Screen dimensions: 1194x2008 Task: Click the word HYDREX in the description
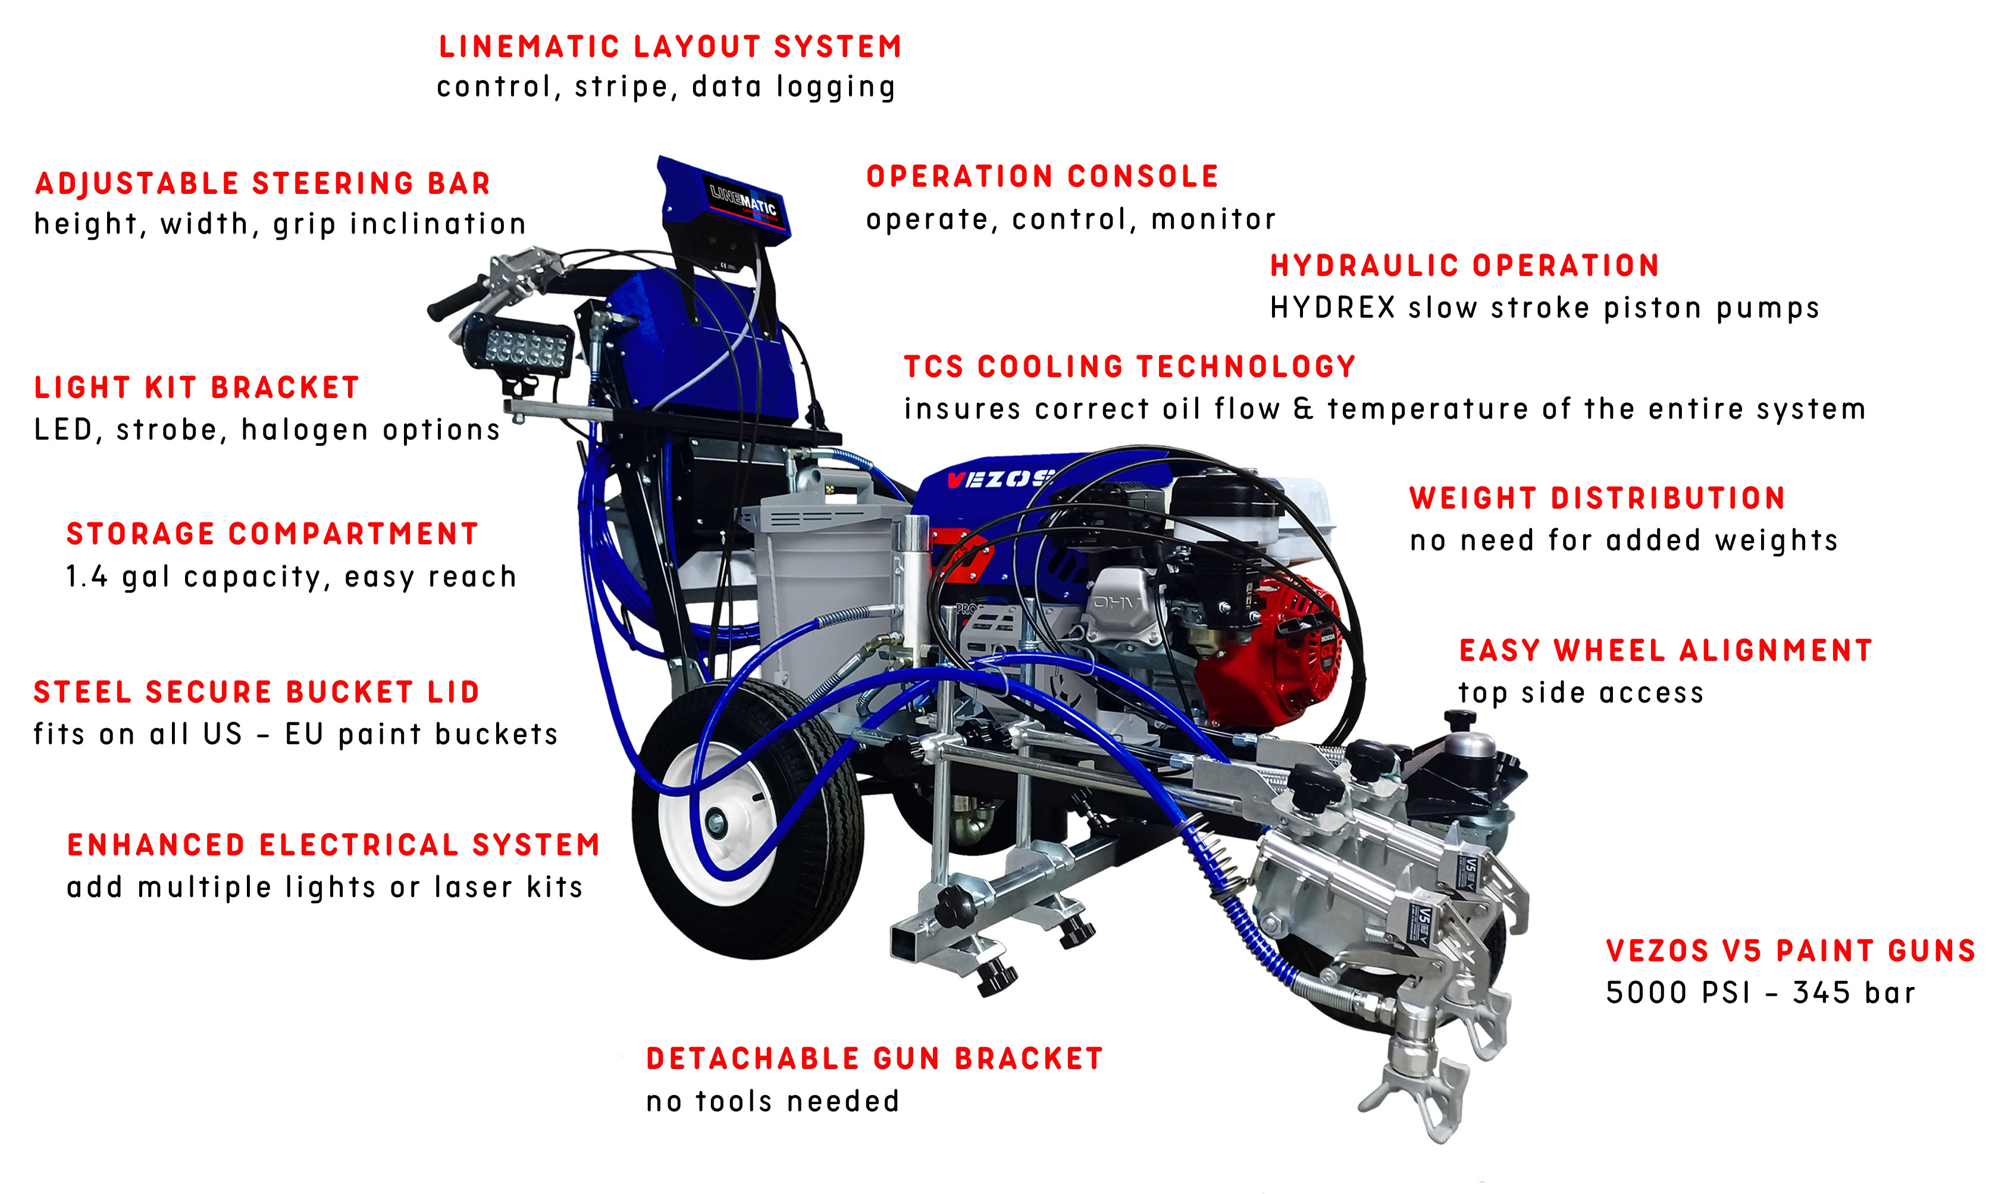[x=1332, y=308]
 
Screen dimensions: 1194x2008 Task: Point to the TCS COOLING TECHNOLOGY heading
[x=1129, y=367]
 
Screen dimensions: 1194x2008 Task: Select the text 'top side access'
[x=1580, y=692]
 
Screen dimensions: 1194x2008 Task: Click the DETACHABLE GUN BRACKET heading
[x=873, y=1059]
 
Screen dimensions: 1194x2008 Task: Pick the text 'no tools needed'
[x=772, y=1101]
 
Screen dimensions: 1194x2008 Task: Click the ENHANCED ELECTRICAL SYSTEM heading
[x=333, y=845]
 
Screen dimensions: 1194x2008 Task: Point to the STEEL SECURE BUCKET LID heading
[x=256, y=692]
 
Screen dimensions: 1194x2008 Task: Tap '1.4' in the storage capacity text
[x=86, y=577]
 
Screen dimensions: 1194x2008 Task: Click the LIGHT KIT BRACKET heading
[x=196, y=388]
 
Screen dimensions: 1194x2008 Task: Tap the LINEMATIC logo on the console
[x=742, y=199]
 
